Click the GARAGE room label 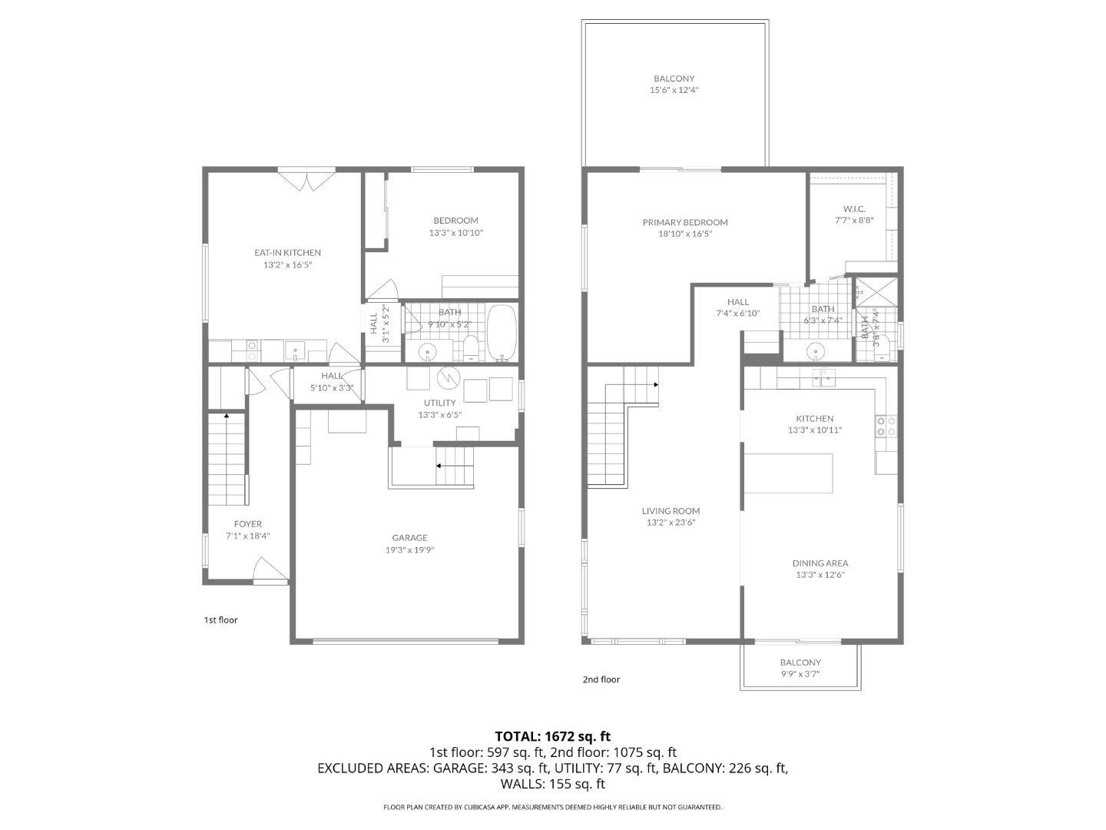[409, 538]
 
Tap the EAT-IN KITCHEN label [287, 253]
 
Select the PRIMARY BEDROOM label [685, 222]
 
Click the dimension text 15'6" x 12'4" [674, 90]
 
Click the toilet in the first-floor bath [471, 350]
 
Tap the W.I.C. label [854, 209]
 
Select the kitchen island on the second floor [788, 473]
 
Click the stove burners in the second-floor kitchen [886, 426]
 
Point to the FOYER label [248, 524]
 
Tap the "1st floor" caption [220, 619]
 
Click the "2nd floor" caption [601, 679]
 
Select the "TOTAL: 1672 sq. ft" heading [552, 736]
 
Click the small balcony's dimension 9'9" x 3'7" [800, 674]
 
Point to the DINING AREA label [820, 563]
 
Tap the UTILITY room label [439, 403]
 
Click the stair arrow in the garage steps [440, 466]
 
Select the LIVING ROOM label [671, 511]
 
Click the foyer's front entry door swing [270, 570]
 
